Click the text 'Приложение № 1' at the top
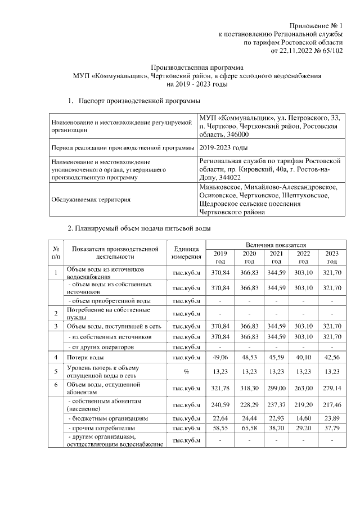pos(316,26)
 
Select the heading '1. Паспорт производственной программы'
pos(134,101)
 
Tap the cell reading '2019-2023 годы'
pos(223,148)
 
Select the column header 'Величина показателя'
pos(276,245)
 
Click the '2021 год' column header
pos(276,257)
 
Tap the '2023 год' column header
pos(332,257)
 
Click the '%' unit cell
pos(186,372)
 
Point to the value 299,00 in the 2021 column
pos(276,388)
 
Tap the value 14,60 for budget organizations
pos(304,418)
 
